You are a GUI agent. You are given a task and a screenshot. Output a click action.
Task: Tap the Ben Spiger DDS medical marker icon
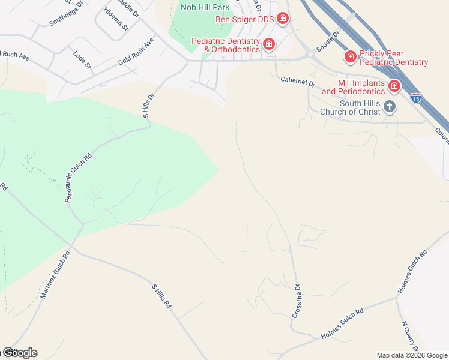(283, 19)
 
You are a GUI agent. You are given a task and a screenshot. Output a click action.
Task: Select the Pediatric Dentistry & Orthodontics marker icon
(269, 44)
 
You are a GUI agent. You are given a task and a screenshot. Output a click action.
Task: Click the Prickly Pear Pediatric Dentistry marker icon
(350, 57)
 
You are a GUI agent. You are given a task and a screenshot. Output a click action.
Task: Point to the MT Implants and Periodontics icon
(394, 86)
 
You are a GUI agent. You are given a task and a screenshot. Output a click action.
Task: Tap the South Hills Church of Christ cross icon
(390, 107)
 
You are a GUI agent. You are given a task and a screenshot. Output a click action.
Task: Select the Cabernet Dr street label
(297, 82)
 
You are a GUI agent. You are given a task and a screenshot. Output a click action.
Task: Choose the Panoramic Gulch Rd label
(78, 177)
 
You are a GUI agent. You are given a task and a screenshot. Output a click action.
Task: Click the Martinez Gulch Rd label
(55, 275)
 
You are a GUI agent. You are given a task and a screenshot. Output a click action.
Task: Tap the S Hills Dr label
(149, 106)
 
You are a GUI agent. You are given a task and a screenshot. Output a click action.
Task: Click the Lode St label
(82, 59)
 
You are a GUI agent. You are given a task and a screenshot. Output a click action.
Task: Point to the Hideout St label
(116, 19)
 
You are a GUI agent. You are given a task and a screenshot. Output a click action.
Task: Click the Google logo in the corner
(20, 353)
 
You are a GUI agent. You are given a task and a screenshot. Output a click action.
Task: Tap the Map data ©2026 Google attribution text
(411, 355)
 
